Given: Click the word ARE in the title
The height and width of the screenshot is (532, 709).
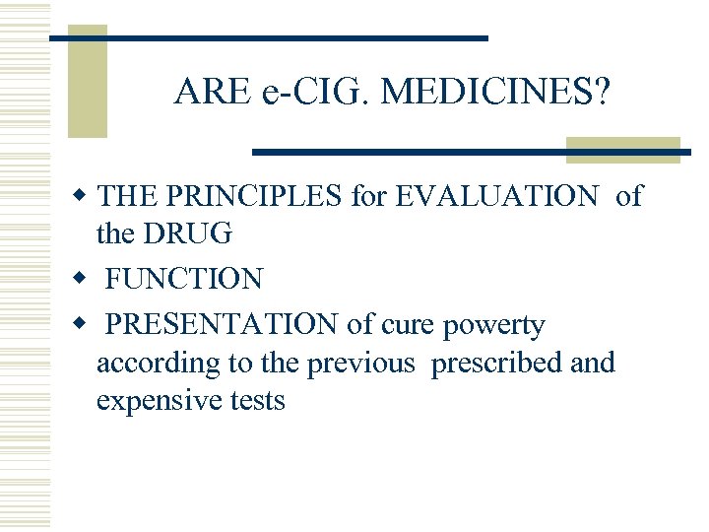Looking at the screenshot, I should click(x=212, y=93).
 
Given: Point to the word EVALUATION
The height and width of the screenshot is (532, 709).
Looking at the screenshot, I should click(x=496, y=197).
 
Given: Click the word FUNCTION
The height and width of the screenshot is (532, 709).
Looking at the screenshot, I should click(x=184, y=280).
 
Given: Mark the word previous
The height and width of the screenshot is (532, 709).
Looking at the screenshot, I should click(x=361, y=363).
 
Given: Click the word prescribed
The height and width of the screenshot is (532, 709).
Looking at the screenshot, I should click(x=497, y=363).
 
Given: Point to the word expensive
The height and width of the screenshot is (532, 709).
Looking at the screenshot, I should click(x=158, y=401).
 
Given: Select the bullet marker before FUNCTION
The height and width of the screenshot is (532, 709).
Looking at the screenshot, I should click(x=86, y=280).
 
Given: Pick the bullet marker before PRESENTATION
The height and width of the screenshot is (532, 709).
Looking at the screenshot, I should click(x=86, y=324).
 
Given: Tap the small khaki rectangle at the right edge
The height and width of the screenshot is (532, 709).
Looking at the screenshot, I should click(x=622, y=149).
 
